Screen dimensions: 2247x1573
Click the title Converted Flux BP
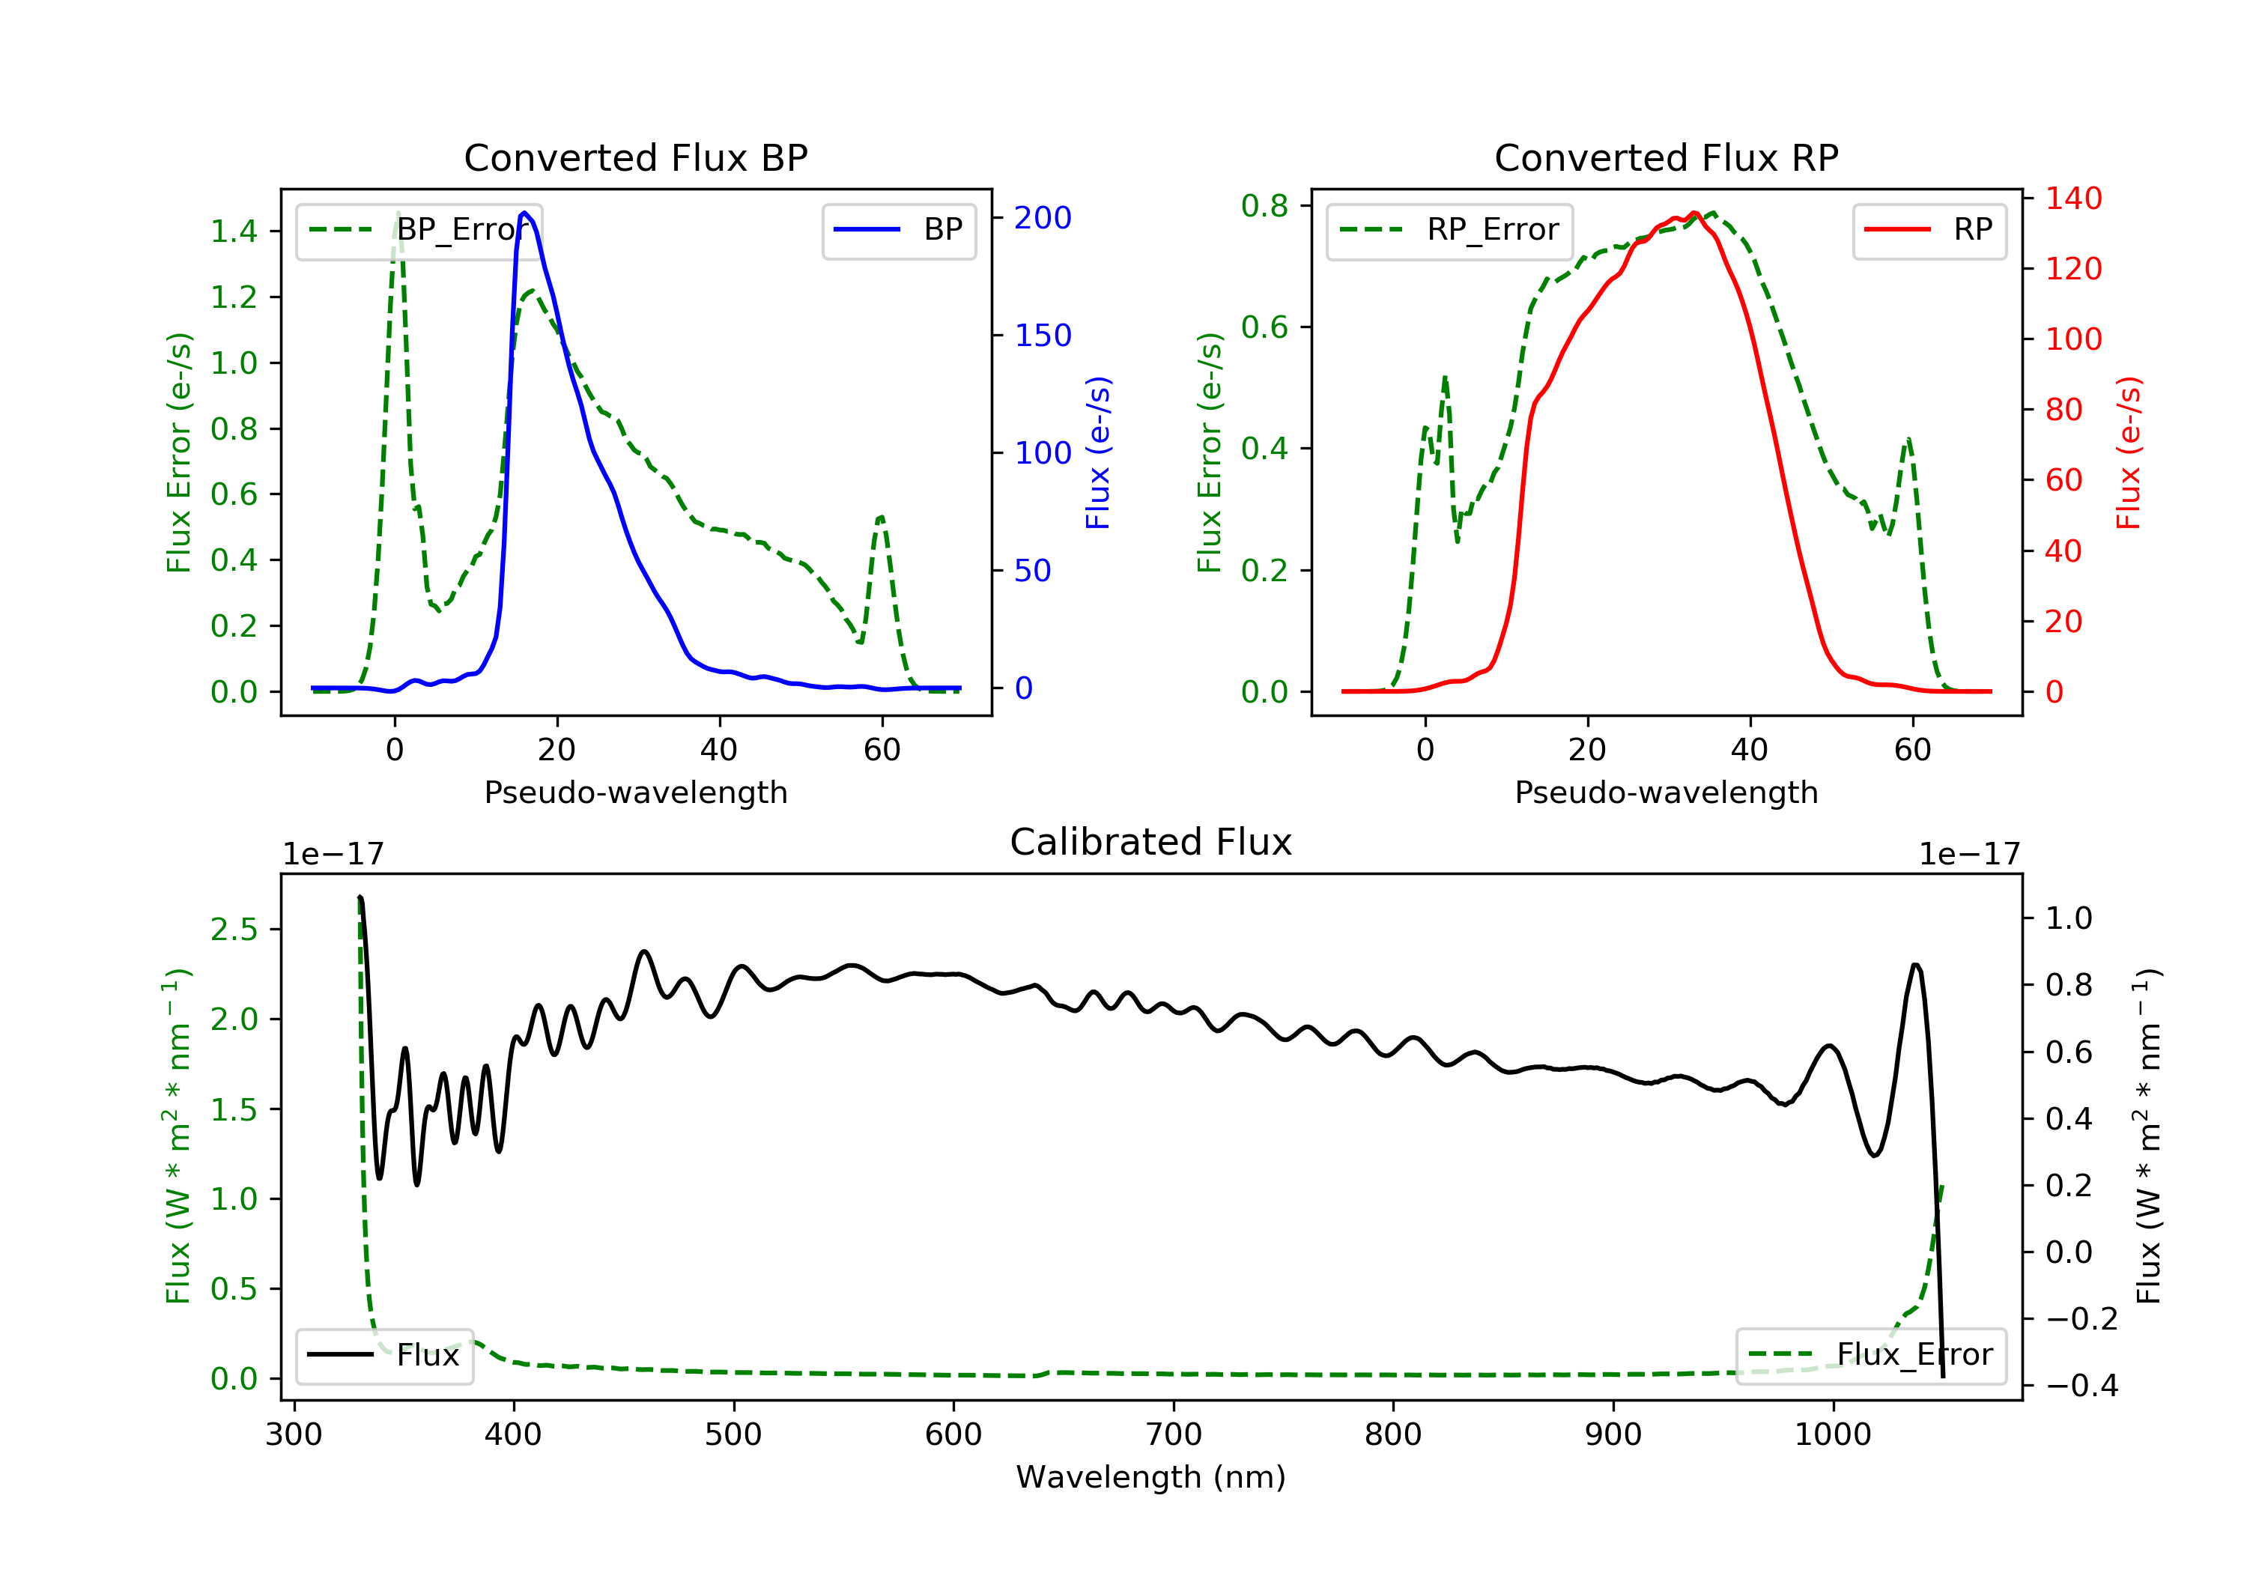635,157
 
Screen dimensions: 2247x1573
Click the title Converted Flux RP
1666,157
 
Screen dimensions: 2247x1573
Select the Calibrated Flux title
1151,842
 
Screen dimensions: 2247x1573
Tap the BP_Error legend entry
418,230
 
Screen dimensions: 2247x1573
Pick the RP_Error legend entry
1449,230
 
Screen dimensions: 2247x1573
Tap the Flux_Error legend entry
1870,1355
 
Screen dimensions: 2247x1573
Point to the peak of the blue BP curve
524,213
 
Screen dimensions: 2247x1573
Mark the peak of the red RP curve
1694,213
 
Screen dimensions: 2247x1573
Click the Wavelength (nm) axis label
1151,1477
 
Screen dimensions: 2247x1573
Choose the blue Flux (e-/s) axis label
1098,453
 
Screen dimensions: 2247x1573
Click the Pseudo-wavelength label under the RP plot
1666,792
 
